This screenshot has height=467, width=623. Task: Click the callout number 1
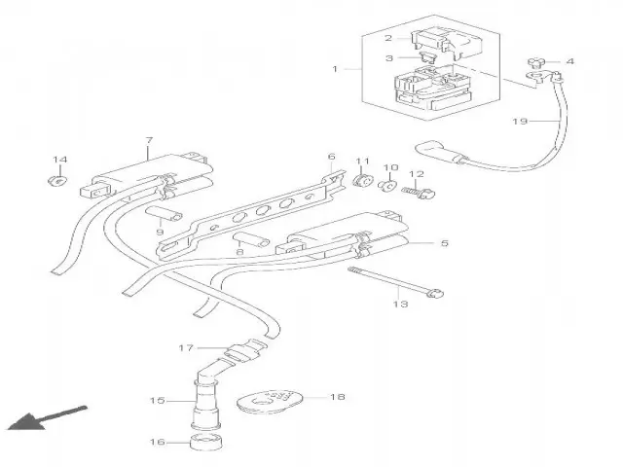(335, 70)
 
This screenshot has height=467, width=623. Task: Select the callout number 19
(520, 122)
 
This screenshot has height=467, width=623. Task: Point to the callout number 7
(148, 142)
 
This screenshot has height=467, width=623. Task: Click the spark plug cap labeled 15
(205, 399)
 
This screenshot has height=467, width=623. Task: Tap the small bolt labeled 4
(538, 61)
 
